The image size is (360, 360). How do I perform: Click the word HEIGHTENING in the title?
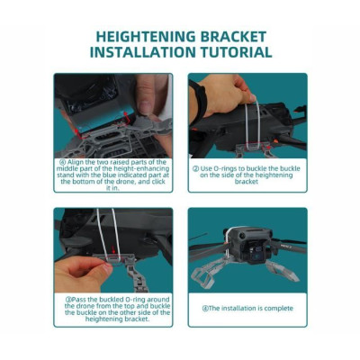point(146,37)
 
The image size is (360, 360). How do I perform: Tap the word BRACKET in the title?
point(233,37)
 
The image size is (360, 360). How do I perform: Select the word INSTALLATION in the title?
point(143,52)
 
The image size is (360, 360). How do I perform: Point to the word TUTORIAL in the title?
point(237,52)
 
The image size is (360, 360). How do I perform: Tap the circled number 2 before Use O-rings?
point(195,169)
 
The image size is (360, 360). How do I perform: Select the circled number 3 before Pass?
point(68,300)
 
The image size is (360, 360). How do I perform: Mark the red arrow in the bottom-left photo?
point(113,249)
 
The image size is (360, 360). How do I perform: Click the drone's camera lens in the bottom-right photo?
point(255,250)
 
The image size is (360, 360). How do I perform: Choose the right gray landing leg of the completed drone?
point(283,270)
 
